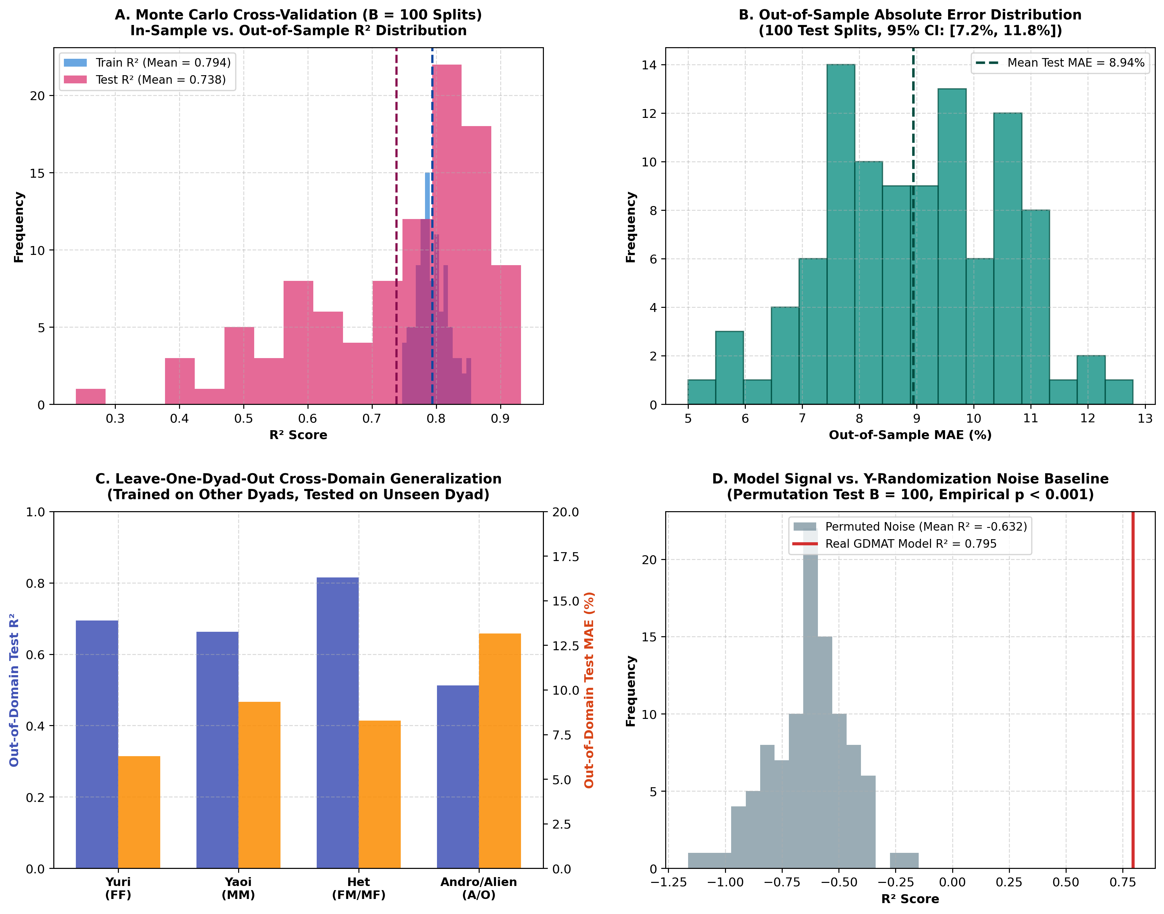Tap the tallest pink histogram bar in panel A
(447, 234)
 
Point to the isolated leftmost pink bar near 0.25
(91, 397)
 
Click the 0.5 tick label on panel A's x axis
(243, 419)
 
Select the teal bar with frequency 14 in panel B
(840, 234)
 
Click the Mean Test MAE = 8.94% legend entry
(1060, 63)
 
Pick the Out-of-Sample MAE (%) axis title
(910, 435)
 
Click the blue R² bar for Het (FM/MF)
(338, 723)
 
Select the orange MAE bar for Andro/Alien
(499, 751)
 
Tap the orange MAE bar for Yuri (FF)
(139, 812)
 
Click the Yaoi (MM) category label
(238, 888)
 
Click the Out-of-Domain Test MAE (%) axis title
(589, 690)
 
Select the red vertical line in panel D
(1133, 690)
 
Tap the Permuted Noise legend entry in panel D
(909, 527)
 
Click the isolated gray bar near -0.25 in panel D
(904, 860)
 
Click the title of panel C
(299, 487)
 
